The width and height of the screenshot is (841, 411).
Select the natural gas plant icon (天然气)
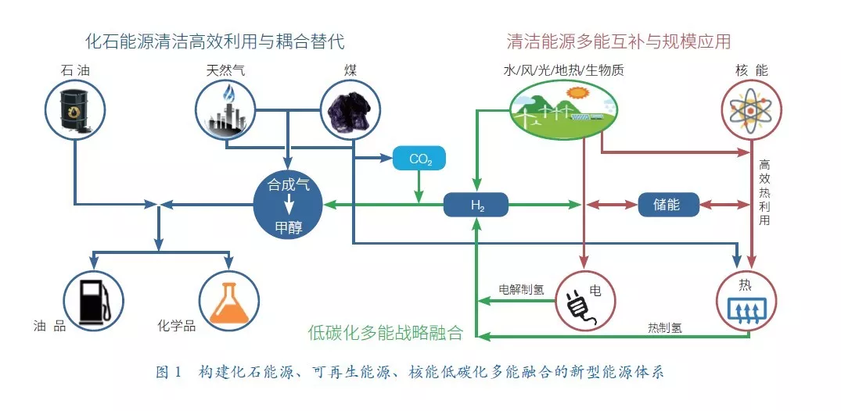click(226, 112)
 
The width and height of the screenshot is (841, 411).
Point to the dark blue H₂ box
click(476, 205)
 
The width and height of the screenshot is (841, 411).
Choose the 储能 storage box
click(667, 205)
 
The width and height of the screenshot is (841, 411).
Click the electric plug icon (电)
click(584, 301)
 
